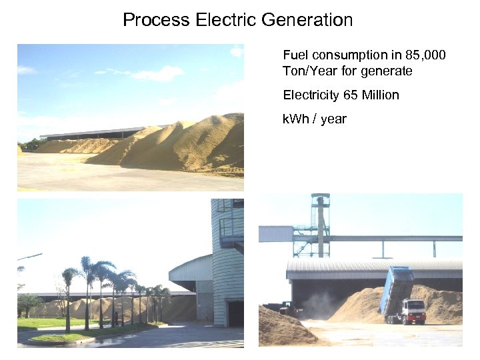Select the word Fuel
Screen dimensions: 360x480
(x=295, y=55)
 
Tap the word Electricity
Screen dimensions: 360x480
(x=311, y=95)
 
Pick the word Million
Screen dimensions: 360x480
(x=380, y=95)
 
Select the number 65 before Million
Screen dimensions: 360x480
(x=351, y=95)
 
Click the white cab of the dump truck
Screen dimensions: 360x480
(x=415, y=310)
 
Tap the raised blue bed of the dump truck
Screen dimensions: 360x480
(x=396, y=288)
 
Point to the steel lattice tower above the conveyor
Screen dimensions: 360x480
(x=321, y=223)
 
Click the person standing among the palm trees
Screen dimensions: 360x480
(x=115, y=319)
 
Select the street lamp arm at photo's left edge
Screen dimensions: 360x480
(x=30, y=257)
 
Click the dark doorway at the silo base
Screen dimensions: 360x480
(x=234, y=314)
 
